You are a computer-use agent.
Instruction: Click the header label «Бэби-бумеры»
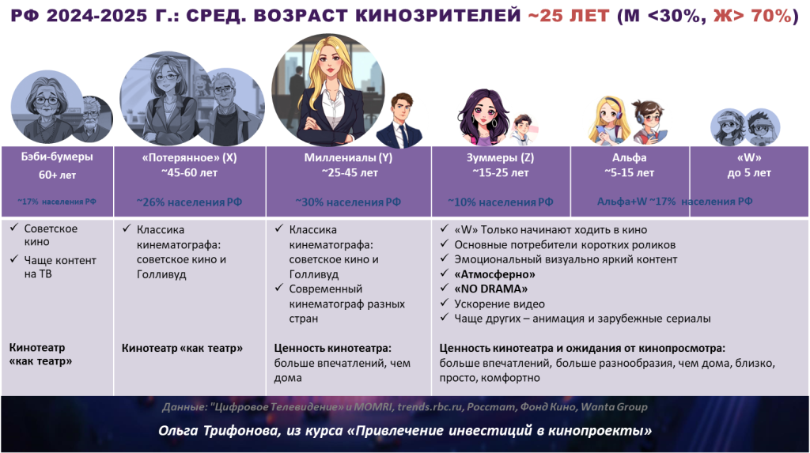57,157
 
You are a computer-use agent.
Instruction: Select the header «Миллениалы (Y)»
348,157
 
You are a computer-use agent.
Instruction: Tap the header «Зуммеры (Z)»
500,157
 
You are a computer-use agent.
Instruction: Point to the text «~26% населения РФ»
189,202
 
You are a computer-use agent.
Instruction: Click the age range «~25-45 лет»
349,172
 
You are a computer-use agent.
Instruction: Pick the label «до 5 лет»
749,173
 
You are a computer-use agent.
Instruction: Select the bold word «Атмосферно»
494,274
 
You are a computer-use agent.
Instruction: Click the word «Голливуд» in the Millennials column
313,274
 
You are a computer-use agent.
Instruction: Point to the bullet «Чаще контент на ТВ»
60,267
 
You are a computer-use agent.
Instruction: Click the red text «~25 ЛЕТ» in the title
569,16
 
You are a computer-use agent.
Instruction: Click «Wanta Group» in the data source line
614,407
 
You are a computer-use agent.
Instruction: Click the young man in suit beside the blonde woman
399,121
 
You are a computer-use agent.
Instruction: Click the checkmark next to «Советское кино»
14,227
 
